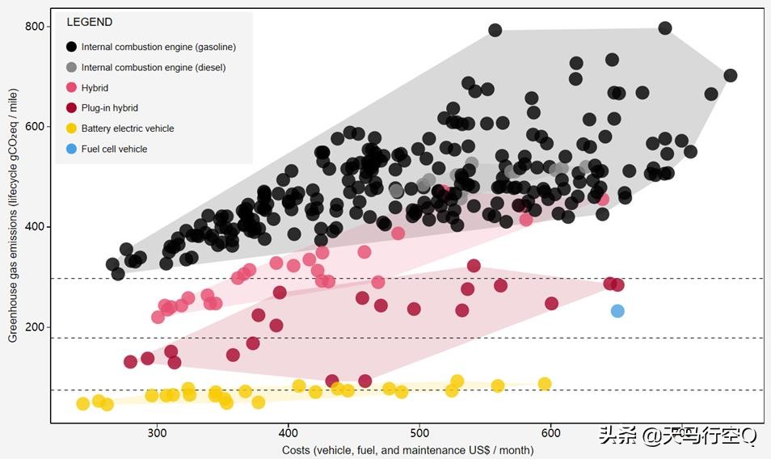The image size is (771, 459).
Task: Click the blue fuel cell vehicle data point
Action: pyautogui.click(x=617, y=311)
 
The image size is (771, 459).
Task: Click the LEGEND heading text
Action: pyautogui.click(x=89, y=23)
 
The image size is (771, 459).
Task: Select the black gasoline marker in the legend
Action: pyautogui.click(x=72, y=47)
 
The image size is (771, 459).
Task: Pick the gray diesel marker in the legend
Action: pyautogui.click(x=72, y=68)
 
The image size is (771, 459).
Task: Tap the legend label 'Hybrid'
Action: pyautogui.click(x=95, y=88)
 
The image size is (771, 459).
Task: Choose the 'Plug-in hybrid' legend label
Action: pyautogui.click(x=109, y=108)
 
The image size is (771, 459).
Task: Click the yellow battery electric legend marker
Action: pyautogui.click(x=72, y=128)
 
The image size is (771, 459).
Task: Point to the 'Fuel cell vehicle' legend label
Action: pyautogui.click(x=114, y=149)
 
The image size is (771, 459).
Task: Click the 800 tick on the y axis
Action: pyautogui.click(x=35, y=26)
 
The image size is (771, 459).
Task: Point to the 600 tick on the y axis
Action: pyautogui.click(x=35, y=126)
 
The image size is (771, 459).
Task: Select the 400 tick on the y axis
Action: pyautogui.click(x=35, y=227)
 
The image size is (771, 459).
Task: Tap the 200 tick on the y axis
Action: pyautogui.click(x=35, y=327)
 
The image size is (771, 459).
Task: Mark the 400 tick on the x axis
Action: pyautogui.click(x=289, y=433)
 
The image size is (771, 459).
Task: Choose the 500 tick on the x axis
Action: pyautogui.click(x=419, y=433)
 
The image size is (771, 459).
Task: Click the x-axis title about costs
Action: pyautogui.click(x=407, y=449)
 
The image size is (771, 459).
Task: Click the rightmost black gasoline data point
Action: pyautogui.click(x=731, y=76)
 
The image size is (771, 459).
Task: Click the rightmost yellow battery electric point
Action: pyautogui.click(x=545, y=384)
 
